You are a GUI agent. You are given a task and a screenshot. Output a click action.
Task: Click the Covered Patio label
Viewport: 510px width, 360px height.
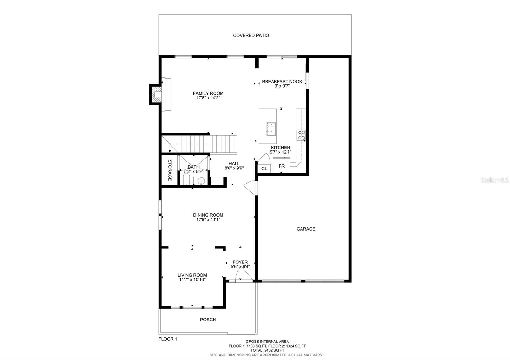251,35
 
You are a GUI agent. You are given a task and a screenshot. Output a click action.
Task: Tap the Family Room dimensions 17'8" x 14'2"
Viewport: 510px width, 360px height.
208,98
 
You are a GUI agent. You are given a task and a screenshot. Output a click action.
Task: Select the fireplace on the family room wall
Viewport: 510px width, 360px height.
156,94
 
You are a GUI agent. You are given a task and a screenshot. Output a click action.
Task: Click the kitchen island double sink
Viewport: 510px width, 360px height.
271,129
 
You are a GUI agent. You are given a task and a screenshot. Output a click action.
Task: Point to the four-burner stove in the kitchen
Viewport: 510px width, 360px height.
301,135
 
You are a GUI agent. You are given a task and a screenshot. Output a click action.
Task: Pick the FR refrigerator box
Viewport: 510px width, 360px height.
281,166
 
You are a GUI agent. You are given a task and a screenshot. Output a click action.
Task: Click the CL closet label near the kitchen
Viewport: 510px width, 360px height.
264,169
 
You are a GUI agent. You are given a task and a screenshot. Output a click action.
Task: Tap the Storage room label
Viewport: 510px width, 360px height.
170,170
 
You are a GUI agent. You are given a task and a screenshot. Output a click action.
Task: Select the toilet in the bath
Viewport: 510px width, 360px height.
187,179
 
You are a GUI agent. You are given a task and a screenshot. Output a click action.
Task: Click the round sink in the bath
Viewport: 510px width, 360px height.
201,181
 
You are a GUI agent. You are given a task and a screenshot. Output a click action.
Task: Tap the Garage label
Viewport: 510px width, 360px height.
306,229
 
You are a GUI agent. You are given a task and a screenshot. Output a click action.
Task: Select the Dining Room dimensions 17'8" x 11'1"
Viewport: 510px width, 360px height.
208,220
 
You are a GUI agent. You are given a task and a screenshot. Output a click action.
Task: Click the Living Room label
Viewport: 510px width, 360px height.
192,275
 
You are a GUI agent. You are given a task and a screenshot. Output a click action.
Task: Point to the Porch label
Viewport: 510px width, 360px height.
208,320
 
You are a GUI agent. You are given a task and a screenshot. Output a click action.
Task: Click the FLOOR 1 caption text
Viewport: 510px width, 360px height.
168,339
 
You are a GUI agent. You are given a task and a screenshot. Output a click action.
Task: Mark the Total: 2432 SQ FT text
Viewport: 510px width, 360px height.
267,350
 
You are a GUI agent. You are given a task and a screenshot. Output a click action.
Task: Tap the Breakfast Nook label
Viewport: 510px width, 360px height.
282,82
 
